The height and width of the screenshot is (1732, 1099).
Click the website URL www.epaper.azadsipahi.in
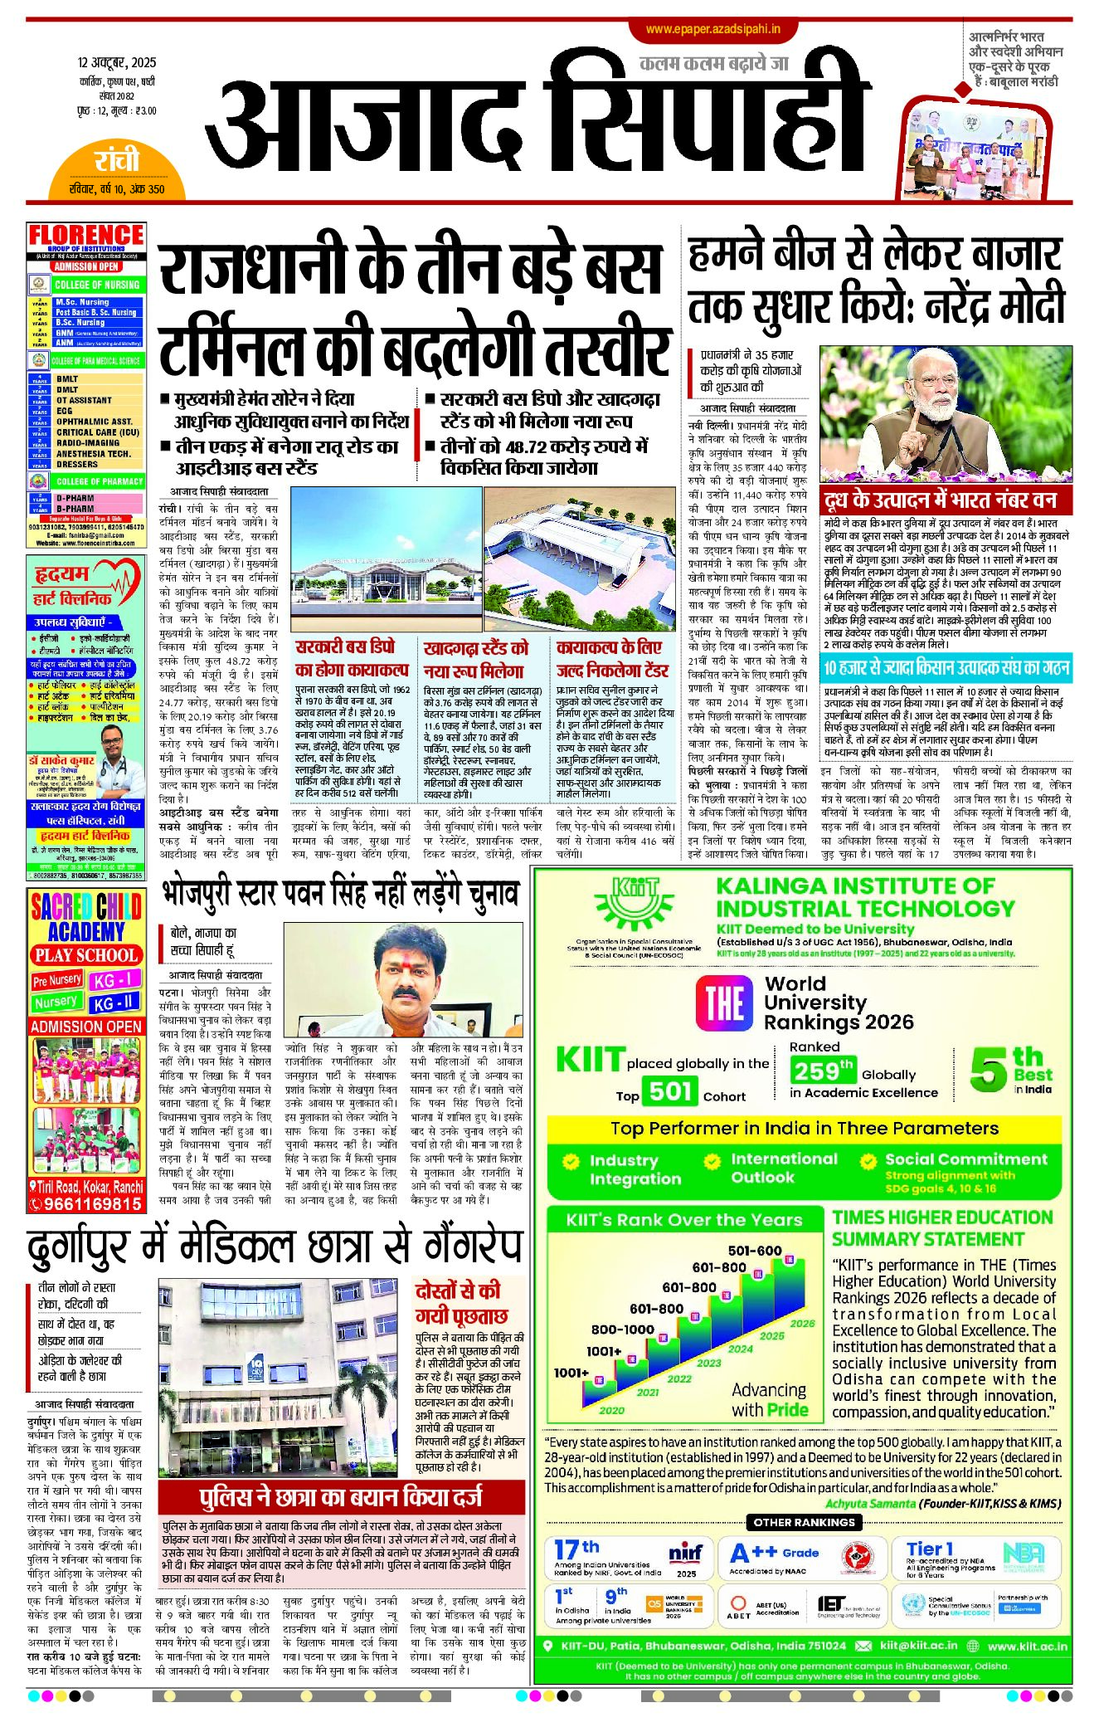pyautogui.click(x=713, y=29)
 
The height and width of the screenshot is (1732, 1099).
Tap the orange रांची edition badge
pyautogui.click(x=117, y=160)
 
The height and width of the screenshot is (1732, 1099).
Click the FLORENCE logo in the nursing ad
pyautogui.click(x=86, y=236)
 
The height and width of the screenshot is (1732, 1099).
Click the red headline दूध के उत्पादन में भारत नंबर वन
pyautogui.click(x=941, y=500)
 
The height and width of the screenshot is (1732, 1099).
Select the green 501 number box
pyautogui.click(x=669, y=1091)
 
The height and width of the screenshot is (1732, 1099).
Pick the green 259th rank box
pyautogui.click(x=821, y=1071)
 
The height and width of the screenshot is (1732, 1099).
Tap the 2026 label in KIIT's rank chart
pyautogui.click(x=801, y=1323)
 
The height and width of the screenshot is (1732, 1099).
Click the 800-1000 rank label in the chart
pyautogui.click(x=622, y=1329)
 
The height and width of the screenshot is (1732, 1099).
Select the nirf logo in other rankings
pyautogui.click(x=686, y=1553)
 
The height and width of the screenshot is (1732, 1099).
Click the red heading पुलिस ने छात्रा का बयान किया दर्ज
pyautogui.click(x=341, y=1498)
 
